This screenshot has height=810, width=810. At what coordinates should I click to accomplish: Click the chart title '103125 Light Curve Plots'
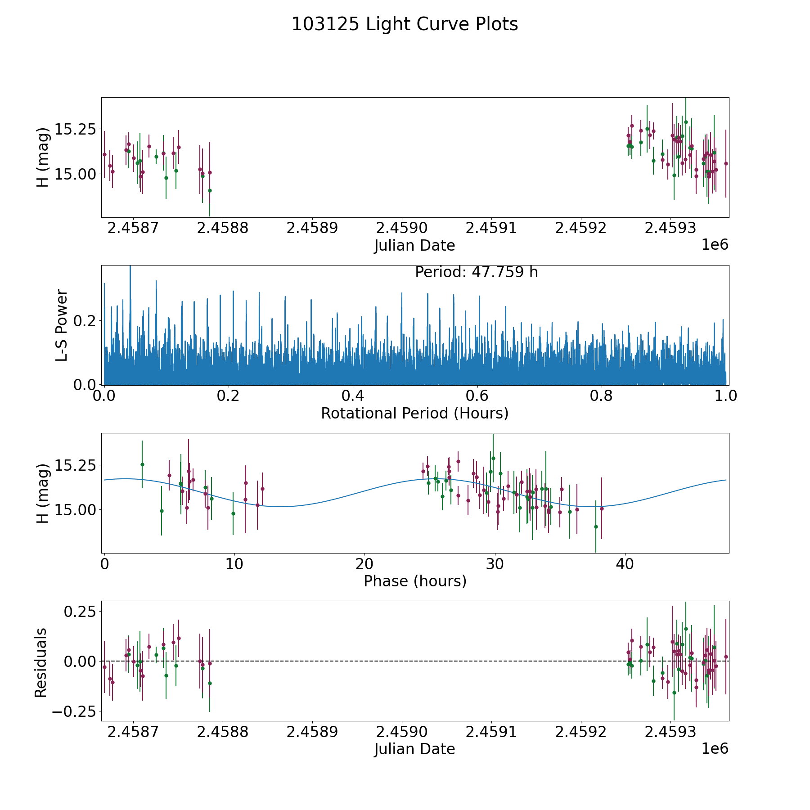coord(405,24)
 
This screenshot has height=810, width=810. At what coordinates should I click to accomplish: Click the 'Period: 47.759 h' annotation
coord(476,272)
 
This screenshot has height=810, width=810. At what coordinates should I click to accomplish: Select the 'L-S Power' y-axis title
coord(62,325)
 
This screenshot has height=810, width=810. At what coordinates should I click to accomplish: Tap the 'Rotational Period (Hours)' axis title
coord(414,413)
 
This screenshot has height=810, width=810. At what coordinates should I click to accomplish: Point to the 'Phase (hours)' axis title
coord(414,581)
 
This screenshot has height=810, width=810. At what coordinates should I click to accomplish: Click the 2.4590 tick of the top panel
coord(401,228)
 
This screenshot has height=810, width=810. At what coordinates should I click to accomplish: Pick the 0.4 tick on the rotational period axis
coord(353,396)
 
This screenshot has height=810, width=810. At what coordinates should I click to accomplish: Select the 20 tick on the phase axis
coord(364,564)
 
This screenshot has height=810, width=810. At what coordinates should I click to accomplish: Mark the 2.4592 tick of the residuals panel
coord(580,732)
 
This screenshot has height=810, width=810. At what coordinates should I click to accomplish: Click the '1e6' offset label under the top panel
coord(715,245)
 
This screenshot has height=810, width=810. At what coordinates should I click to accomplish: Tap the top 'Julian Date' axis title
coord(414,246)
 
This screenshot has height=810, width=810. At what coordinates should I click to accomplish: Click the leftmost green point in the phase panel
coord(142,464)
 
